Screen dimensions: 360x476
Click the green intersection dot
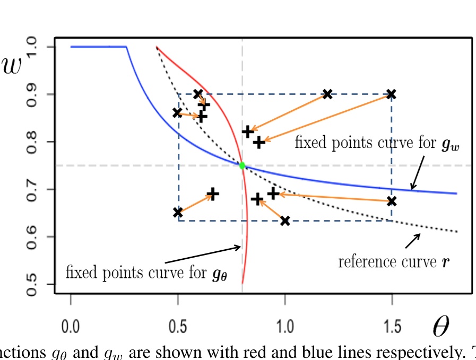[242, 165]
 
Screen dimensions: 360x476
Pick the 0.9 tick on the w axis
[33, 94]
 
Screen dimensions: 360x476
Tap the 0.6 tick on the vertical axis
[33, 236]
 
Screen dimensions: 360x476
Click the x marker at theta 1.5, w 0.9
[392, 94]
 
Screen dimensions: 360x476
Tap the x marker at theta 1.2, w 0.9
[327, 94]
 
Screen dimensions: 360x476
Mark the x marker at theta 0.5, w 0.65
[178, 213]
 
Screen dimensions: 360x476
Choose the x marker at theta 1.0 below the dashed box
[285, 221]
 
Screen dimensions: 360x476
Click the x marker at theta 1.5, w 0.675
[392, 201]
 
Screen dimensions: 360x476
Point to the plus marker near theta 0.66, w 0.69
[212, 194]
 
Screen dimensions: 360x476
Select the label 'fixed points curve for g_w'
[377, 144]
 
